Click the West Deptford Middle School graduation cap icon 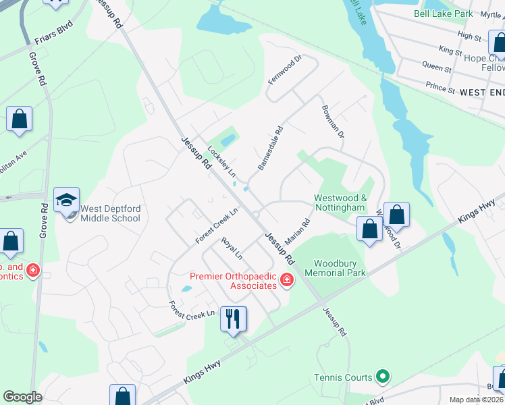[x=67, y=200]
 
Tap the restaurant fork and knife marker [x=234, y=319]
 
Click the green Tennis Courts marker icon [x=383, y=377]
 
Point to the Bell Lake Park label [x=443, y=13]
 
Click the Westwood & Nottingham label [x=340, y=202]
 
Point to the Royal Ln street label [x=232, y=248]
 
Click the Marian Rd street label [x=297, y=231]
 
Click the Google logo [x=22, y=397]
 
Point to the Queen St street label [x=436, y=67]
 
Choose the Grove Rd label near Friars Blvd [x=36, y=70]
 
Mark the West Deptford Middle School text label [x=110, y=213]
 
